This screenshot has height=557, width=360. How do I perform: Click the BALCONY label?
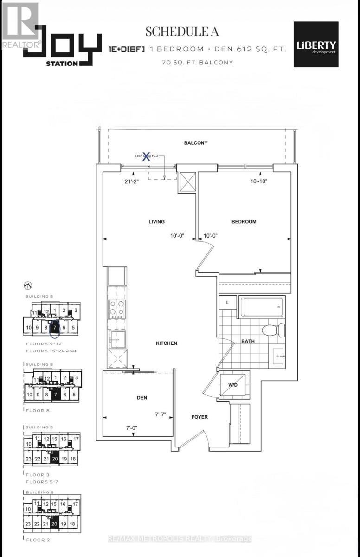[195, 143]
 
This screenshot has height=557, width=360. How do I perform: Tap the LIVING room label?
[156, 222]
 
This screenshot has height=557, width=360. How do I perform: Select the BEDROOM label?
[244, 222]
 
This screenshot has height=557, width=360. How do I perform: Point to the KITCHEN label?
[167, 343]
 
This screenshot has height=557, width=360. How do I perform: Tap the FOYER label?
[199, 417]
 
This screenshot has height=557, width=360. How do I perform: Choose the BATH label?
[248, 342]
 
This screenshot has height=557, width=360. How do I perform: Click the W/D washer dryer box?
[234, 385]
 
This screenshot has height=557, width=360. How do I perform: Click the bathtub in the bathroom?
[262, 307]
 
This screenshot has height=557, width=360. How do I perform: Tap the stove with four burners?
[117, 307]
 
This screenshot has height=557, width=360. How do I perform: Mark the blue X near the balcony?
[146, 156]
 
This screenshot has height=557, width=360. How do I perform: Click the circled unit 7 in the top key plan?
[55, 328]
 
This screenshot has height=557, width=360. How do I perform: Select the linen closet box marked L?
[228, 302]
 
